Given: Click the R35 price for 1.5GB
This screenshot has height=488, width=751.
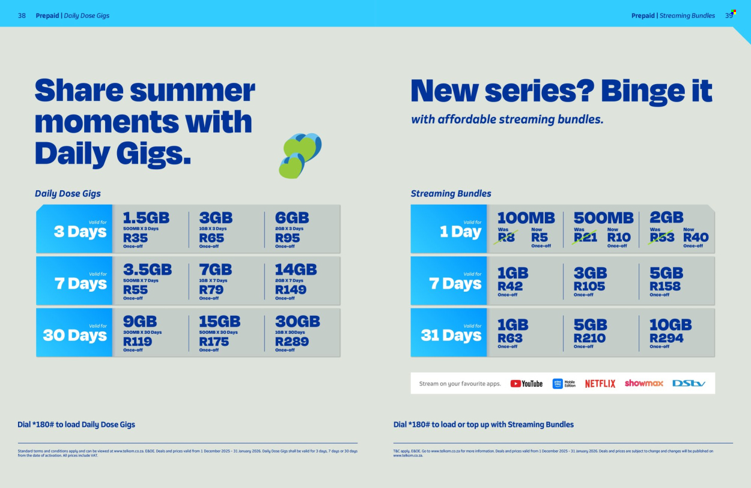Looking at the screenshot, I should [x=135, y=238].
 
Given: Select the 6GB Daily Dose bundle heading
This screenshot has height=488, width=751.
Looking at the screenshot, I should [x=291, y=218].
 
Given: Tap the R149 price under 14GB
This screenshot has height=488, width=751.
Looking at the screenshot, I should [x=290, y=290].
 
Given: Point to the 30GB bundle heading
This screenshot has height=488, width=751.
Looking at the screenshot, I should [x=297, y=322].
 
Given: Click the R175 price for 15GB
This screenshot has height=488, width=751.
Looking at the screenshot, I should [x=214, y=342].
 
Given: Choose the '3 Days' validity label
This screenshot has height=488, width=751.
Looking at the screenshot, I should [x=80, y=232].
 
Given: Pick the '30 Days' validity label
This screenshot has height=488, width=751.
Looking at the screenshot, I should [x=74, y=335].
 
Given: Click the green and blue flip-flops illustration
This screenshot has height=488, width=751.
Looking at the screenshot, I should [x=300, y=155].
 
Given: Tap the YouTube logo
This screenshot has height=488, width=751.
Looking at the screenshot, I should [x=526, y=384].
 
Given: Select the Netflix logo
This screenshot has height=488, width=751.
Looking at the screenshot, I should [x=600, y=384].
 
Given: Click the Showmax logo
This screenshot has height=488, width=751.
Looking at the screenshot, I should [x=643, y=383].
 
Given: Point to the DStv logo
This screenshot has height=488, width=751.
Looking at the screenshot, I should [x=689, y=383].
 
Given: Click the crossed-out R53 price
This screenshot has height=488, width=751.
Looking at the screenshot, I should [x=662, y=237].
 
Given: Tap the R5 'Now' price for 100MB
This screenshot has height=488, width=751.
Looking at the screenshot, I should [x=539, y=237].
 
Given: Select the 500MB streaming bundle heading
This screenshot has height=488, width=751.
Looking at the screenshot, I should [x=603, y=218].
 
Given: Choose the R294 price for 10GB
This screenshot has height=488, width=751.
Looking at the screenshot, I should [x=666, y=338].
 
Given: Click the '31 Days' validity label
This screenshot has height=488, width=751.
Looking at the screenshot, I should [x=451, y=335].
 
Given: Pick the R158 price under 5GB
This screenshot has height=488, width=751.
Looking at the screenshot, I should [x=664, y=286].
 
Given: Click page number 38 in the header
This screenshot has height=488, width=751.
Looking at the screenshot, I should [x=22, y=16].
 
